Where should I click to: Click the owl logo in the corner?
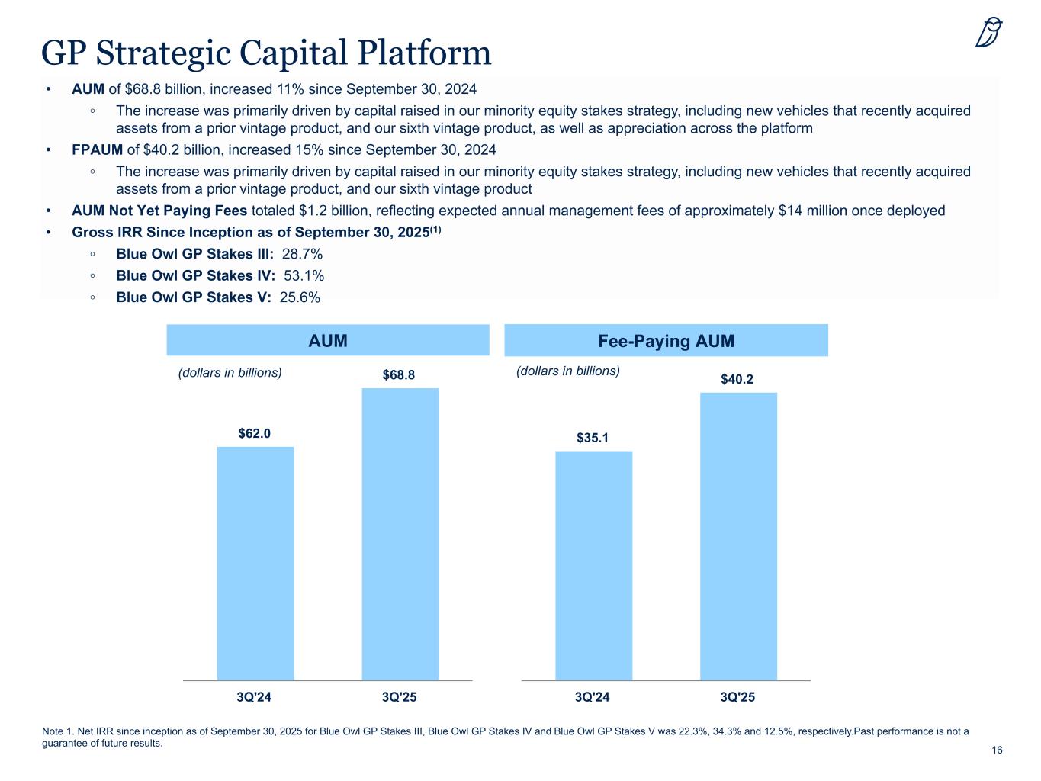coord(989,33)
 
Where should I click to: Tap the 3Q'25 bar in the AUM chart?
coord(400,534)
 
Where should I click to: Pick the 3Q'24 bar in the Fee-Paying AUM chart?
coord(593,565)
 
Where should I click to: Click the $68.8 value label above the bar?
coord(399,375)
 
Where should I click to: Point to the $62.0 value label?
coord(255,433)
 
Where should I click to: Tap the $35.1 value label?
coord(593,438)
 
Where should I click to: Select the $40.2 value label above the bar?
coord(737,379)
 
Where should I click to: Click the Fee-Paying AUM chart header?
coord(666,341)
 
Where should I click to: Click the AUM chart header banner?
coord(328,341)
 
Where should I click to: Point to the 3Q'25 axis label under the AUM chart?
coord(399,697)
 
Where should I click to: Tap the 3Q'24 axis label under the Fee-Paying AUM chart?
coord(593,697)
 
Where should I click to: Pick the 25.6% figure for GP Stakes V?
coord(300,297)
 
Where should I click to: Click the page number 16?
coord(997,750)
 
